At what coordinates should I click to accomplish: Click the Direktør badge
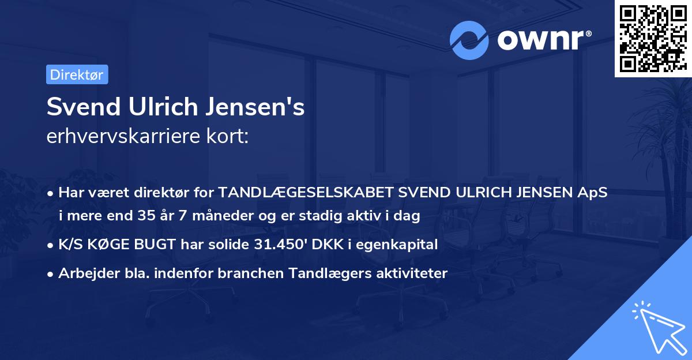(77, 74)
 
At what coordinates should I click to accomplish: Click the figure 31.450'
(274, 245)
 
